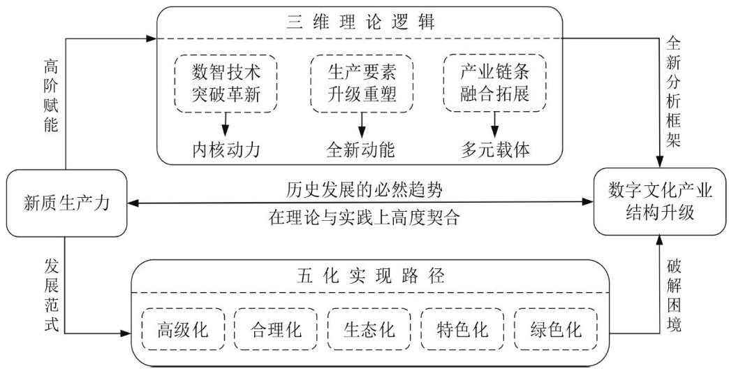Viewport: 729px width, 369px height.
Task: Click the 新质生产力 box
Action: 66,203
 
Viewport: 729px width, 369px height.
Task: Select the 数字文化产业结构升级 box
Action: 660,201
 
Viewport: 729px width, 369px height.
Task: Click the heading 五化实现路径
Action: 370,277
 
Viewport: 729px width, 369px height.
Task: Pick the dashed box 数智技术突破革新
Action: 226,83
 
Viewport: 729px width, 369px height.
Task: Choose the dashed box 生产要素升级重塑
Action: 361,83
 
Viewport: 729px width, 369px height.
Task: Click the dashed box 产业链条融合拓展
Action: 494,83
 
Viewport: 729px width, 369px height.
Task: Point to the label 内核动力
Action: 226,150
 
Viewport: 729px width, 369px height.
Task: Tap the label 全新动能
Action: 361,150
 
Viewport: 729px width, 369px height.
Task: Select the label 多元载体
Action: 495,150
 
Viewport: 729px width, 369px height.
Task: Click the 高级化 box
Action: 183,329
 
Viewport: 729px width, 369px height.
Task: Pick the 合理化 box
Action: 276,329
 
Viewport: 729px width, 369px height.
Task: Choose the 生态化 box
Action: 369,329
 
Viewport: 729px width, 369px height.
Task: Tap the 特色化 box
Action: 462,329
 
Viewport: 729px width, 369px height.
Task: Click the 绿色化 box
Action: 556,329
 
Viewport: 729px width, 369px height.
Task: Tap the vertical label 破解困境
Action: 674,296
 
